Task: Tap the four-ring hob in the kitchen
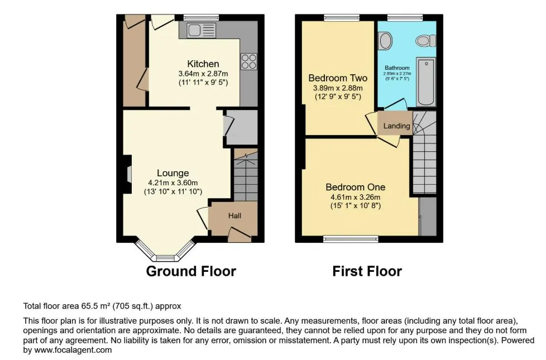pos(249,61)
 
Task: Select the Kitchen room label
pos(203,64)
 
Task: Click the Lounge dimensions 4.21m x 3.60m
pos(173,183)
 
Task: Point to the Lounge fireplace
pos(127,174)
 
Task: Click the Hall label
pos(234,215)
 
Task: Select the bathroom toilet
pos(425,41)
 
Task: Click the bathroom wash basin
pos(385,40)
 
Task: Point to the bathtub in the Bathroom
pos(426,82)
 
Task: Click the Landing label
pos(396,126)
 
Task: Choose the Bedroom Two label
pos(338,78)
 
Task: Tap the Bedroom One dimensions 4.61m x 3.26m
pos(356,197)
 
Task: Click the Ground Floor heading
pos(191,271)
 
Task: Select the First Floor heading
pos(367,271)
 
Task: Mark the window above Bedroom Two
pos(341,17)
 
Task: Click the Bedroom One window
pos(351,239)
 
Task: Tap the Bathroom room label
pos(397,68)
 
